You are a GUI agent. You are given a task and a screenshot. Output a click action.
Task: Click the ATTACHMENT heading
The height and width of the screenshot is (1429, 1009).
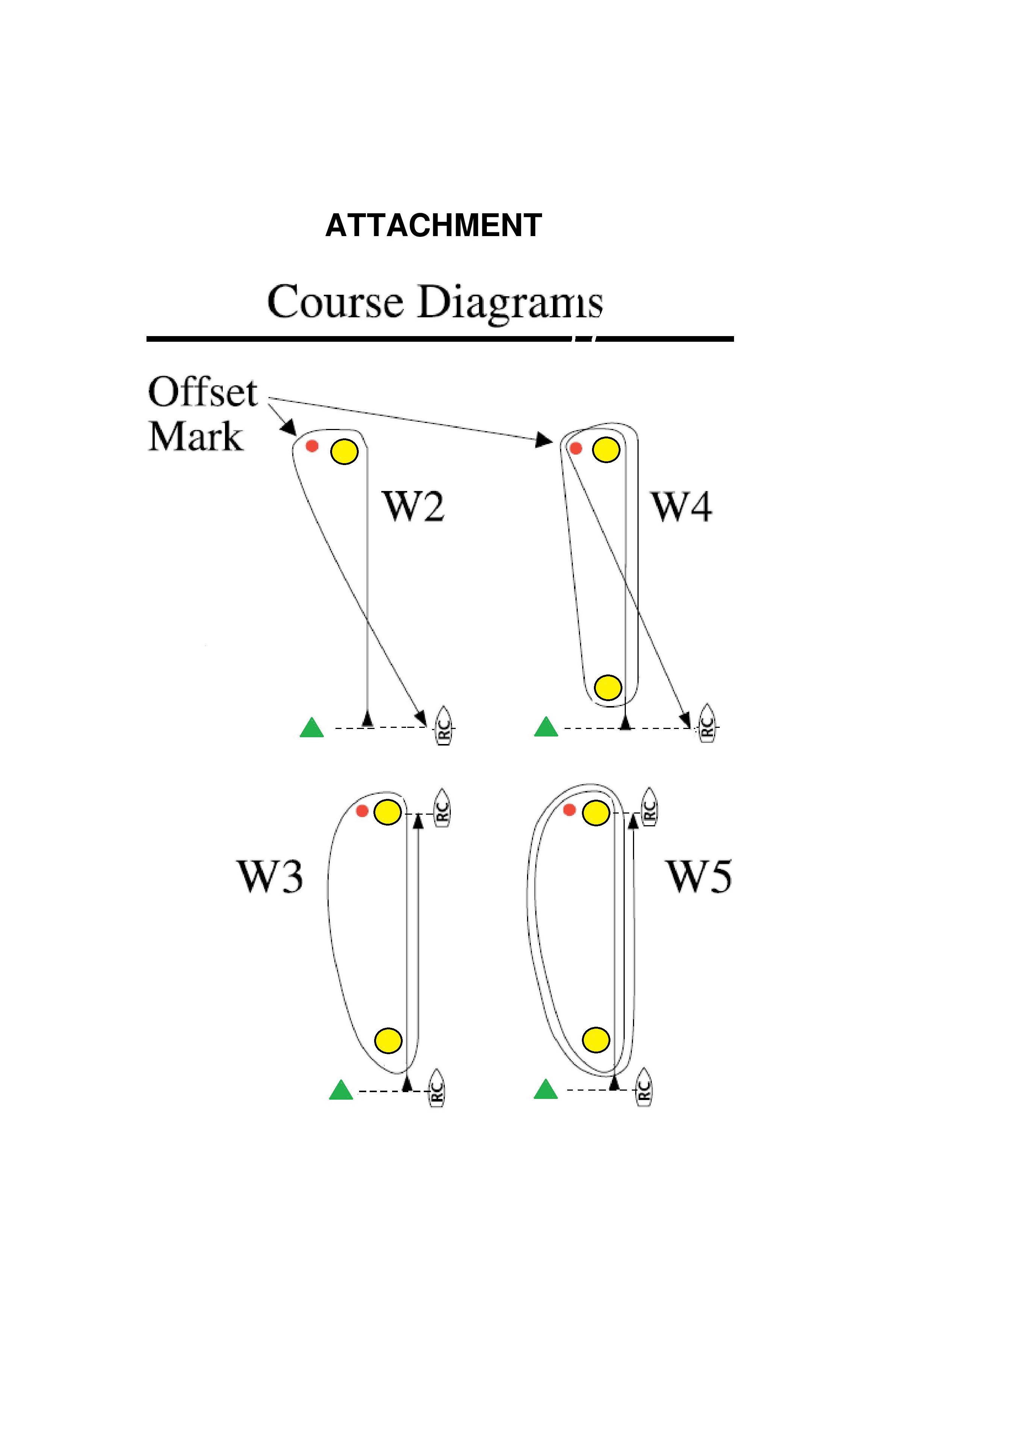point(433,225)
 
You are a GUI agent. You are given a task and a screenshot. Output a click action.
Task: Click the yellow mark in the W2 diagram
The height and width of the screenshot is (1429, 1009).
point(344,451)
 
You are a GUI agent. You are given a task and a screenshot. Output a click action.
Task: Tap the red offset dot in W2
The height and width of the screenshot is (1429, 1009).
point(312,446)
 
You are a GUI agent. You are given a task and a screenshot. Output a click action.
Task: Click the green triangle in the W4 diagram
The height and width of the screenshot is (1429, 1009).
point(546,727)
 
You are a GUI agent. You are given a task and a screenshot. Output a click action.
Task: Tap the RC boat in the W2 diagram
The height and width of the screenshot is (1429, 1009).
point(444,726)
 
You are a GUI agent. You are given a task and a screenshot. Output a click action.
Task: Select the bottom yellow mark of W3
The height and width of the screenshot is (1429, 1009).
point(389,1040)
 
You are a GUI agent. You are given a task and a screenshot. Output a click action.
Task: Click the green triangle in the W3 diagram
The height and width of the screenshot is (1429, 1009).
point(341,1090)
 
